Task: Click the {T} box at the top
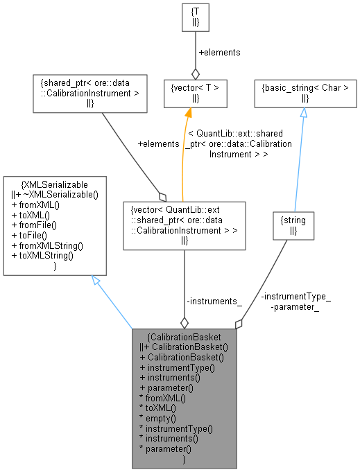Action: click(x=195, y=18)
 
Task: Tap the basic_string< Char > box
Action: click(x=303, y=93)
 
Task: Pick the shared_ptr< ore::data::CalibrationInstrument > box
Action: click(x=89, y=93)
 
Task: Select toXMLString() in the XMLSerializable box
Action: click(x=40, y=255)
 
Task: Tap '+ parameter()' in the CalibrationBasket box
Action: click(x=166, y=388)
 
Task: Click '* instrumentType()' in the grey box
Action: click(x=176, y=429)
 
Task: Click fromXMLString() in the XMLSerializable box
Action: click(x=43, y=245)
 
